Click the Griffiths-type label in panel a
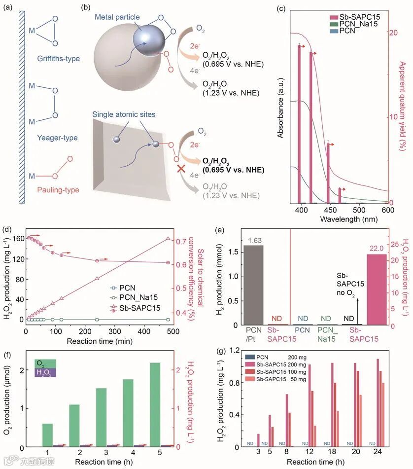pos(58,59)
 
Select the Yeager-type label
pos(58,138)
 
